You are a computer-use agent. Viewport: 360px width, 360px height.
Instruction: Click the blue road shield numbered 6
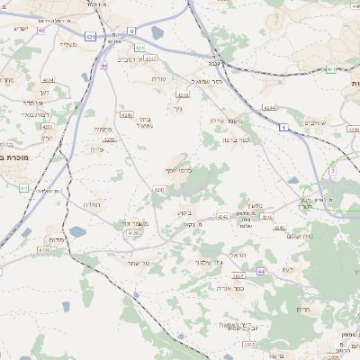coord(131,31)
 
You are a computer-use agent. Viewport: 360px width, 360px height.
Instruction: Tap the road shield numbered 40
coord(42,30)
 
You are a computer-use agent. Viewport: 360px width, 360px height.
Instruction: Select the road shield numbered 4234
coord(47,79)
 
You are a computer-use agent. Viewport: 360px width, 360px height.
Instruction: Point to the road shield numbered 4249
coord(125,115)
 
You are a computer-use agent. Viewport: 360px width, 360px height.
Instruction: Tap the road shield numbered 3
coord(332,170)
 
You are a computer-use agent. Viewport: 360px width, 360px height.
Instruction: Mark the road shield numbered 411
coord(24,187)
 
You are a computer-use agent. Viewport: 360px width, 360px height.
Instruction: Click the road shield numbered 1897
coord(238,275)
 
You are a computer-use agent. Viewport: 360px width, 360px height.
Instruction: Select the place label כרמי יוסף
coord(178,170)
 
